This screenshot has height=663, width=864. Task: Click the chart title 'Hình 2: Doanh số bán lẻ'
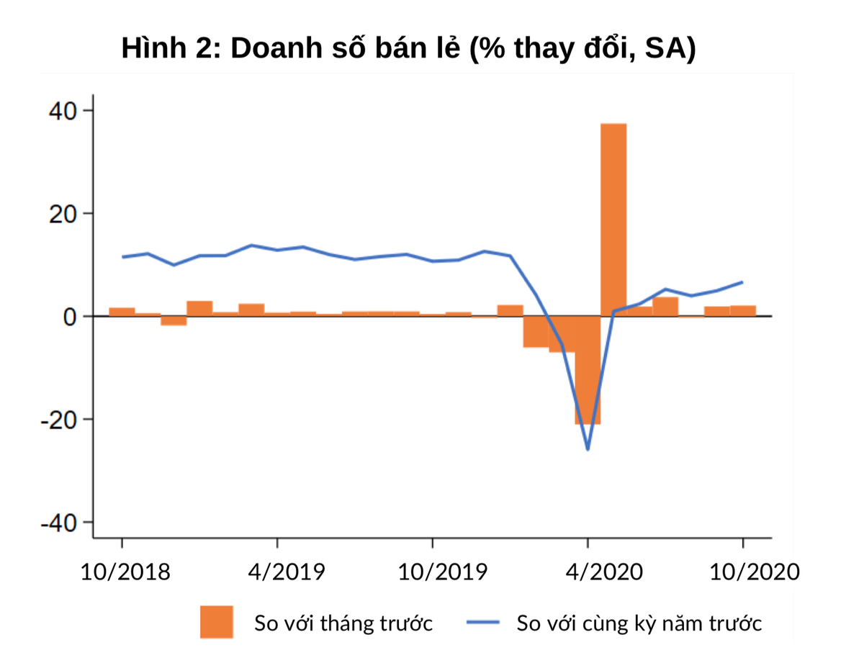408,49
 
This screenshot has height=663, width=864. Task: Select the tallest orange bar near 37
613,220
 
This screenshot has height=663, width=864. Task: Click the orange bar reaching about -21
588,370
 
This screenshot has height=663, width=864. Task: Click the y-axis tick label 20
63,214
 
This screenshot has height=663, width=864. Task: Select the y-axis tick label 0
71,317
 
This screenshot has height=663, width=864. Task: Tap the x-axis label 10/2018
125,572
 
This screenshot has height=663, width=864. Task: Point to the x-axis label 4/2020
603,572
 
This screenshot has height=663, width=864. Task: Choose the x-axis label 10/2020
755,572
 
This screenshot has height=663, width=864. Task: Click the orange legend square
217,622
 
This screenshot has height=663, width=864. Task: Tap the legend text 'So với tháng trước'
343,623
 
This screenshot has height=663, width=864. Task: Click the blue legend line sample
483,622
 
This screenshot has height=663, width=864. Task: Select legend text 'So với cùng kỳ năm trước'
639,623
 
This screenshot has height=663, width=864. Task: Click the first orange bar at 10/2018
122,312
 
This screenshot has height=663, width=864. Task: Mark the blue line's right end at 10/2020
742,282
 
